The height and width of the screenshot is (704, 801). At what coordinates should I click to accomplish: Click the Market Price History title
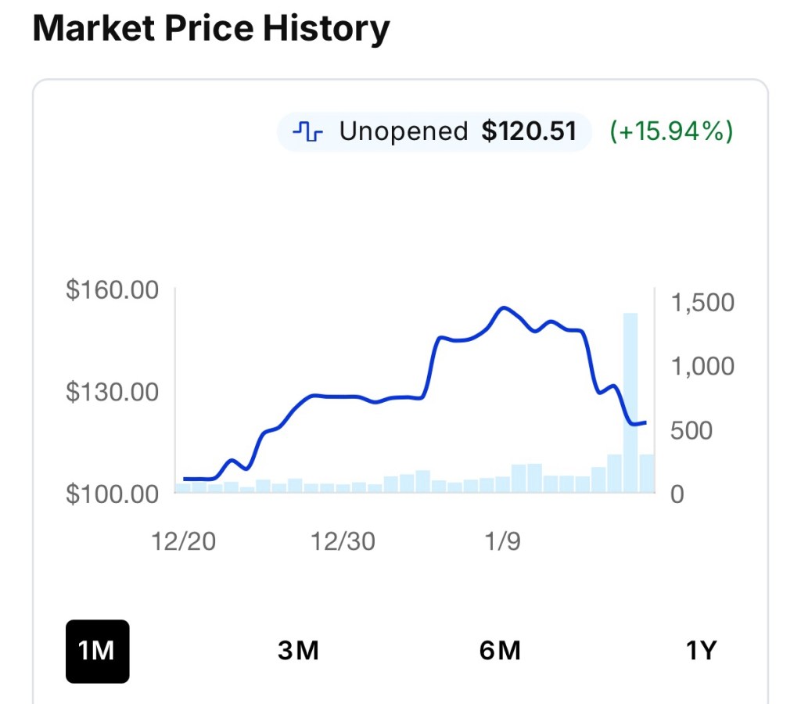[x=211, y=30]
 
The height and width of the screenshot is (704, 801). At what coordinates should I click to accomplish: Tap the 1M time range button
[x=97, y=651]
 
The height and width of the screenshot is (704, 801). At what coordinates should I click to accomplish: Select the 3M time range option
[x=298, y=651]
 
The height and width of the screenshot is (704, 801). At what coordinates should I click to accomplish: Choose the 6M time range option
[x=500, y=651]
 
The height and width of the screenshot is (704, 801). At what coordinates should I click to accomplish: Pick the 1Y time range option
[x=701, y=651]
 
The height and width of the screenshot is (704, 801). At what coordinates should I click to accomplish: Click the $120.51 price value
[x=529, y=131]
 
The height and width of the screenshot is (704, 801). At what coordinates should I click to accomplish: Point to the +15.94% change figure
[x=671, y=131]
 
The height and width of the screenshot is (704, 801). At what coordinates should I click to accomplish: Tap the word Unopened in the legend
[x=403, y=131]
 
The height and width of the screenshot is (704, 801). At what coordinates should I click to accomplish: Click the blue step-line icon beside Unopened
[x=307, y=131]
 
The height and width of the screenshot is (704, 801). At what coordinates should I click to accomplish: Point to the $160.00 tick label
[x=113, y=290]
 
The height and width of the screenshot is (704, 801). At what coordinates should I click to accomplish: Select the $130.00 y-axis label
[x=113, y=392]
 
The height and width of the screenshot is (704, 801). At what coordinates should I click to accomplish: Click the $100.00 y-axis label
[x=113, y=494]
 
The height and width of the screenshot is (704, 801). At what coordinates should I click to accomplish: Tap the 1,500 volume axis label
[x=702, y=303]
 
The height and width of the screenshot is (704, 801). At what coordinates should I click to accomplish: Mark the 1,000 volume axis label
[x=702, y=366]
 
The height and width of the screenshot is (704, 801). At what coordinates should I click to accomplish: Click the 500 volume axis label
[x=691, y=430]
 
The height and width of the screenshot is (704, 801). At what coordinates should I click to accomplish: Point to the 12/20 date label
[x=185, y=542]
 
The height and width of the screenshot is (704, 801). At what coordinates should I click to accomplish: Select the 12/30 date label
[x=343, y=542]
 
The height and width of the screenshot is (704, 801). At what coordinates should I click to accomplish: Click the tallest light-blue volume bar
[x=630, y=403]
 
